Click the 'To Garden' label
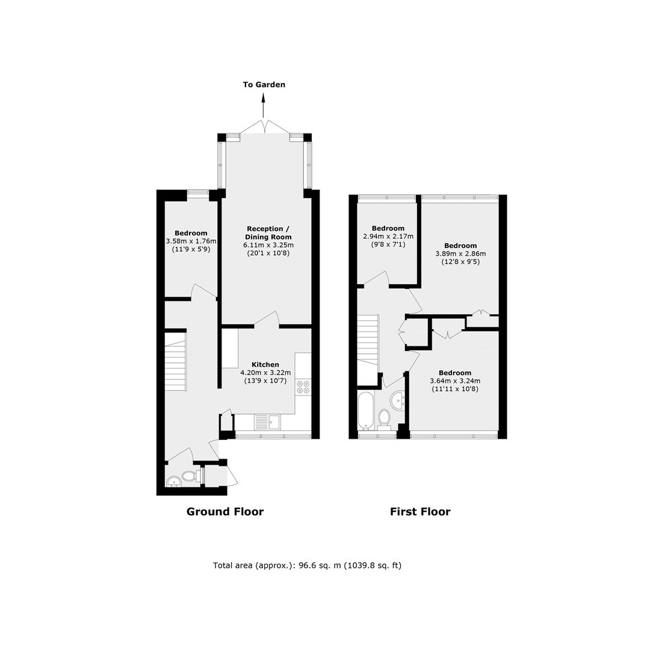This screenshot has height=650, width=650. pos(264,85)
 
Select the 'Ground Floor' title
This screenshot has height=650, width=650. pos(225,512)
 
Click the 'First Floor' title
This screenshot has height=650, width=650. pos(420,512)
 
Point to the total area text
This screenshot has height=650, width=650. pos(307,565)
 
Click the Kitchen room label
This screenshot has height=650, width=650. pos(266,365)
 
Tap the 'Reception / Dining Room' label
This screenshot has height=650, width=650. pos(268,232)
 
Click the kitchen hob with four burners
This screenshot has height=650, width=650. pos(303,387)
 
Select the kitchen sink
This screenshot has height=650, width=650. pos(267,422)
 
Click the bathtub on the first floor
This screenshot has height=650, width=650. pos(366,411)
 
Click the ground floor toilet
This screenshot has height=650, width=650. pos(190,476)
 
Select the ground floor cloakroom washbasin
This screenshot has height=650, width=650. pos(173,481)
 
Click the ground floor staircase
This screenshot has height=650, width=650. pos(175,361)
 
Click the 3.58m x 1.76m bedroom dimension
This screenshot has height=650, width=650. pos(191,241)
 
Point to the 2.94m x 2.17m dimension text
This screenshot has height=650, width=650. pos(388,237)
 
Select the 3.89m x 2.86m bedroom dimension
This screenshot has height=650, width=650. pos(460,254)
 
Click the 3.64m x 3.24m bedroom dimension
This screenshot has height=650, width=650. pos(455,381)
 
